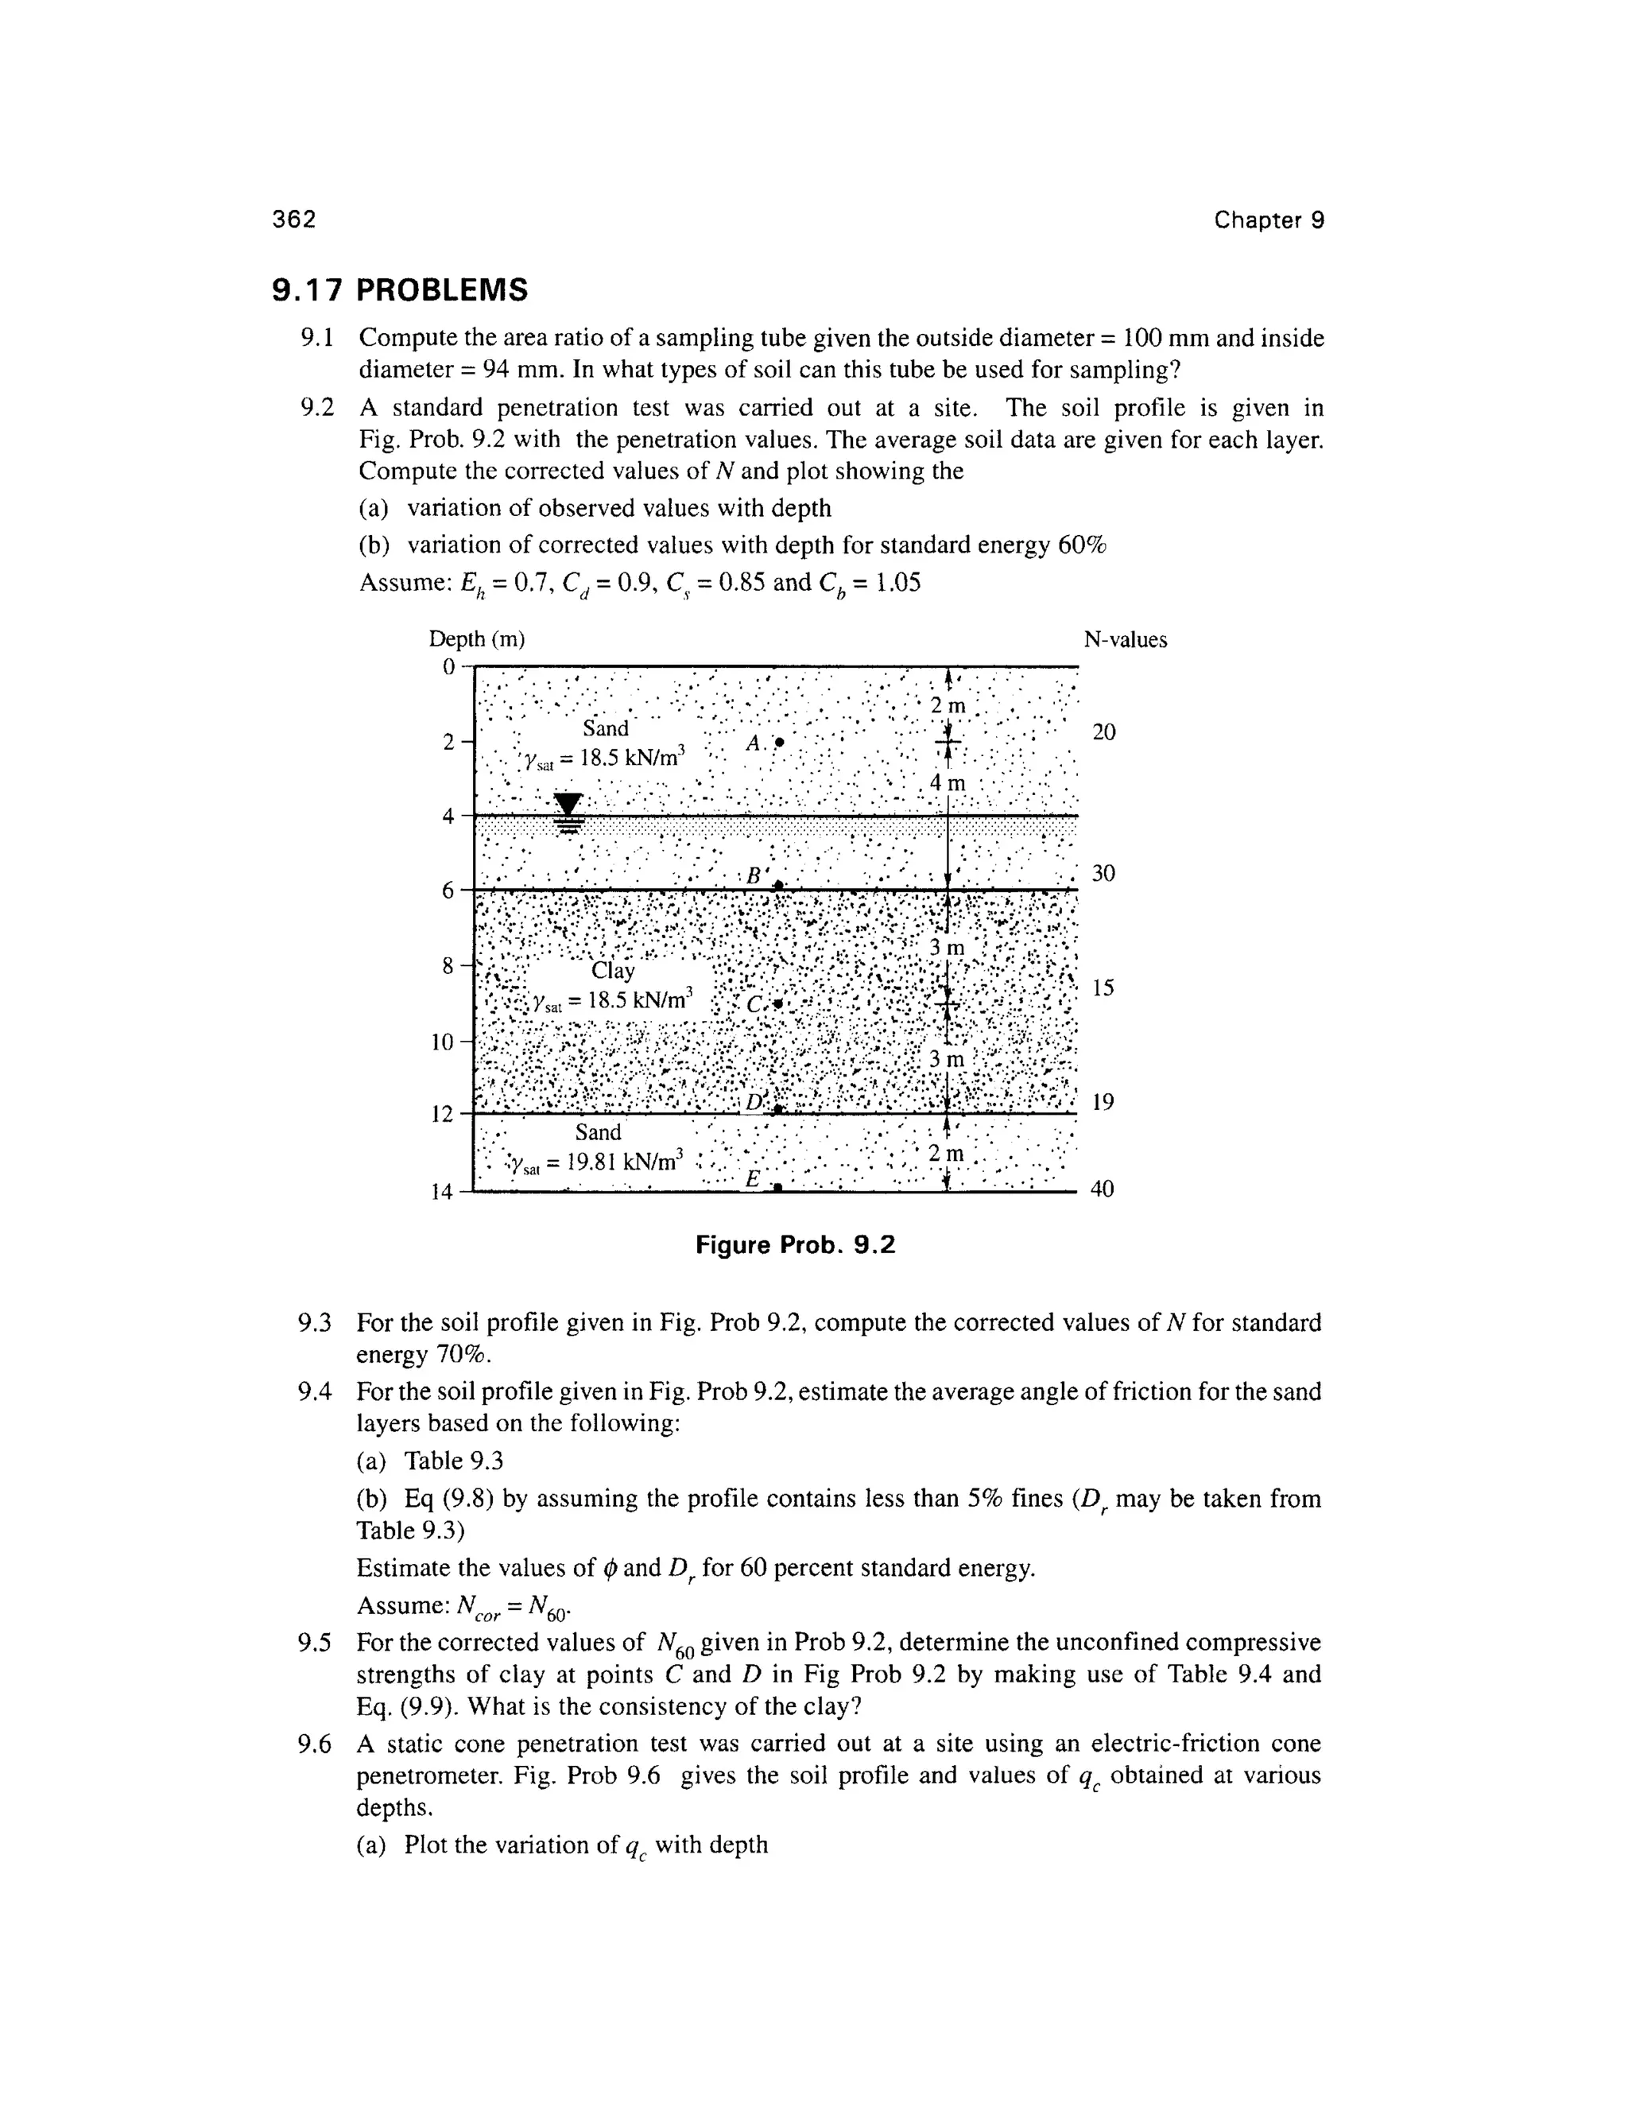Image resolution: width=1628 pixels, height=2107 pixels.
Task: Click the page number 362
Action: pyautogui.click(x=293, y=220)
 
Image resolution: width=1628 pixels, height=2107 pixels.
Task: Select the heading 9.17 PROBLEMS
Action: pyautogui.click(x=401, y=289)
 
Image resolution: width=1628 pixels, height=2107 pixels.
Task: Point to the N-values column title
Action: pyautogui.click(x=1125, y=639)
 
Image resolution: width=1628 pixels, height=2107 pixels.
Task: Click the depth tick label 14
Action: pyautogui.click(x=442, y=1193)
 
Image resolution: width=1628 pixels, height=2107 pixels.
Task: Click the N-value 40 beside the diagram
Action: pyautogui.click(x=1103, y=1189)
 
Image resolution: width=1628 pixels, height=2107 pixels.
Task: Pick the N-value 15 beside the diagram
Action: pyautogui.click(x=1103, y=988)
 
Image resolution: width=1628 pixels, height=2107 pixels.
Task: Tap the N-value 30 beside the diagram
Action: pyautogui.click(x=1103, y=873)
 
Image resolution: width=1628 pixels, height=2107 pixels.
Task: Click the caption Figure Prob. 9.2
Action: pyautogui.click(x=796, y=1245)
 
